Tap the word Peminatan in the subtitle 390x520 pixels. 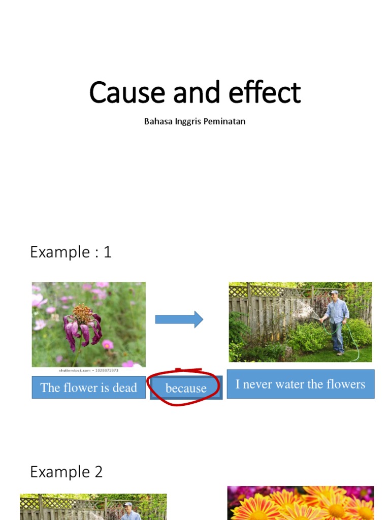coord(224,122)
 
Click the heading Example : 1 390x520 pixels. coord(71,252)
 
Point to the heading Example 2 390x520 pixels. coord(67,472)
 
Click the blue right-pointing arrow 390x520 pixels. coord(179,319)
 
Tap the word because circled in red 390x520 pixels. coord(186,388)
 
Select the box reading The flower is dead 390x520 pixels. coord(88,388)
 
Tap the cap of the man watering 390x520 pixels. coord(334,292)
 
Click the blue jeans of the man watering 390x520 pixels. coord(338,335)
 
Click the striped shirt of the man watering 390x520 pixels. coord(337,311)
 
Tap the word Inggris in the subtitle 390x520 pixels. coord(187,122)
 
